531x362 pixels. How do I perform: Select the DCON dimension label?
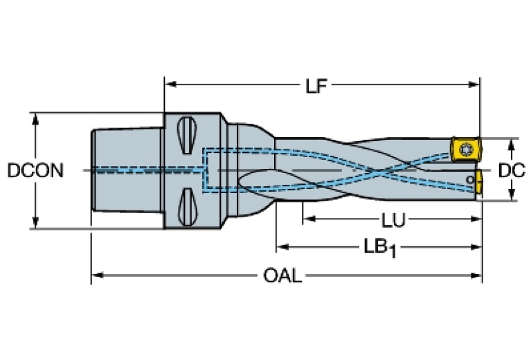tap(35, 170)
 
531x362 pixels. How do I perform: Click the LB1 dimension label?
tap(380, 248)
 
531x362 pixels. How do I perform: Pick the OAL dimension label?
tap(283, 276)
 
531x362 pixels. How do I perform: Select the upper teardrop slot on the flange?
tap(186, 136)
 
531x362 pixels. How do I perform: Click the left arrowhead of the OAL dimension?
tap(96, 275)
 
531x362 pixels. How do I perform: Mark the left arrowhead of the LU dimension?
tap(307, 220)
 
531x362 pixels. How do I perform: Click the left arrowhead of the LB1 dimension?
tap(282, 246)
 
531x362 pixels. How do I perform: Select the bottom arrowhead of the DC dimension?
tap(512, 196)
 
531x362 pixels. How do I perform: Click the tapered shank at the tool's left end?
tap(127, 170)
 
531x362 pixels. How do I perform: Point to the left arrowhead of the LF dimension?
tap(169, 86)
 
